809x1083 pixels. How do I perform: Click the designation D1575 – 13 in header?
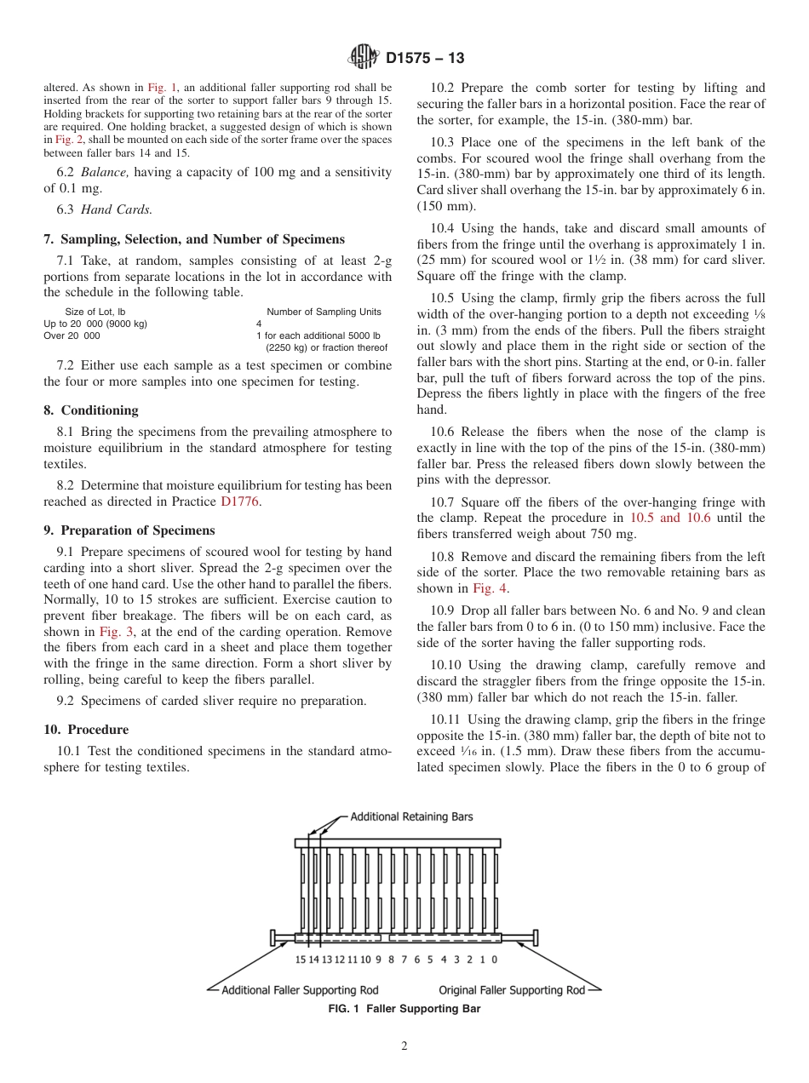[425, 59]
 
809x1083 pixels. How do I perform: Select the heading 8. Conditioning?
[90, 410]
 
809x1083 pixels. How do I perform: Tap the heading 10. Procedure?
[86, 730]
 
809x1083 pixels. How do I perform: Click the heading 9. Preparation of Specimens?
[129, 530]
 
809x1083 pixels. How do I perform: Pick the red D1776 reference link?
[240, 501]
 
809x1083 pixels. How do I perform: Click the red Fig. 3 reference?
[116, 632]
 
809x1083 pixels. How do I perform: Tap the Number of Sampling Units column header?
[324, 312]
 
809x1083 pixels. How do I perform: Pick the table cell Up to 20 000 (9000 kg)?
[95, 324]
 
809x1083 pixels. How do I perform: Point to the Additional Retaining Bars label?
[411, 817]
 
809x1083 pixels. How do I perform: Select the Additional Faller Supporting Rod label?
[300, 990]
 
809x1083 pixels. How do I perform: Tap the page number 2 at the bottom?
[404, 1046]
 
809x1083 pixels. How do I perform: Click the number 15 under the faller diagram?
[301, 960]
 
